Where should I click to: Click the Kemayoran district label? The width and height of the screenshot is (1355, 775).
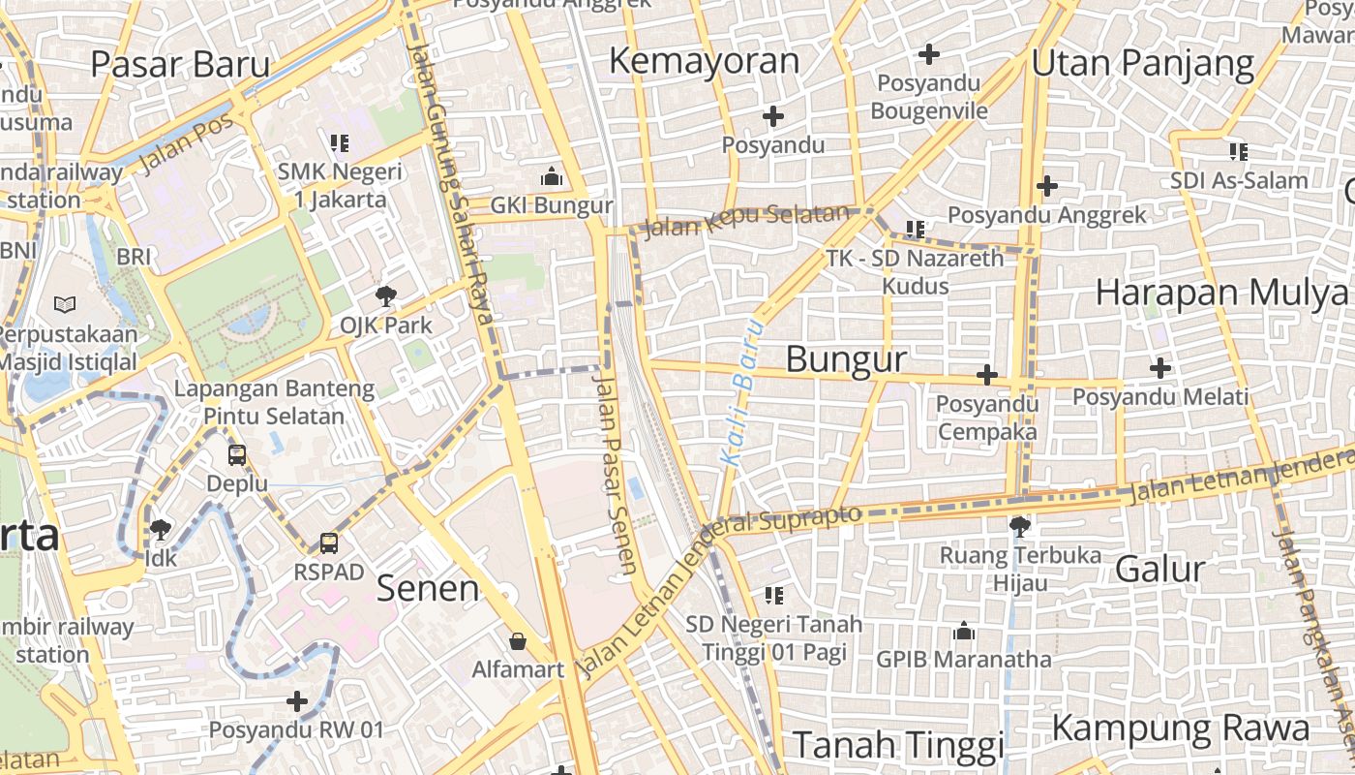704,61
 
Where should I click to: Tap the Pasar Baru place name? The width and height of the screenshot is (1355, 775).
180,64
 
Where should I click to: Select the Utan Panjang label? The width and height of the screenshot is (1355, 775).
1142,64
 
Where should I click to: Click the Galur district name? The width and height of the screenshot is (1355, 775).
1159,569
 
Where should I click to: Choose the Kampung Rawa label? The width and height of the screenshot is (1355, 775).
1180,728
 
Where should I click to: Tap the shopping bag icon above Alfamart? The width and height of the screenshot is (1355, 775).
518,641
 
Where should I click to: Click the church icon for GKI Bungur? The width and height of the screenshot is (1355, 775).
552,176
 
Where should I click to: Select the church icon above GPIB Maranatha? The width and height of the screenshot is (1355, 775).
963,632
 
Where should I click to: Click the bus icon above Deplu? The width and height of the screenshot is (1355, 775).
236,454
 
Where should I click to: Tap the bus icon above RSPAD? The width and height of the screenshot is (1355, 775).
329,543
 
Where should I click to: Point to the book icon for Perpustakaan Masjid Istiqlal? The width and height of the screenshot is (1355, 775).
65,305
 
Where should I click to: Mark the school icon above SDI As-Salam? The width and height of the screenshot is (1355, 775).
1238,152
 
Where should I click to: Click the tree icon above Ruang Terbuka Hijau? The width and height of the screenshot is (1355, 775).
1018,526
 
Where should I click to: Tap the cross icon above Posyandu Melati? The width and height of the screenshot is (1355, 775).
1159,368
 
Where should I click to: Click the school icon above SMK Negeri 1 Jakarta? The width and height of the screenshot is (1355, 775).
339,143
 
